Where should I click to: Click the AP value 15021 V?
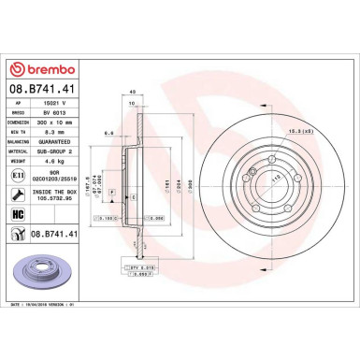coord(55,99)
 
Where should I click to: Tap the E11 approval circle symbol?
coord(19,172)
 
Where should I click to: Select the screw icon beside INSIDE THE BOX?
coord(19,193)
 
